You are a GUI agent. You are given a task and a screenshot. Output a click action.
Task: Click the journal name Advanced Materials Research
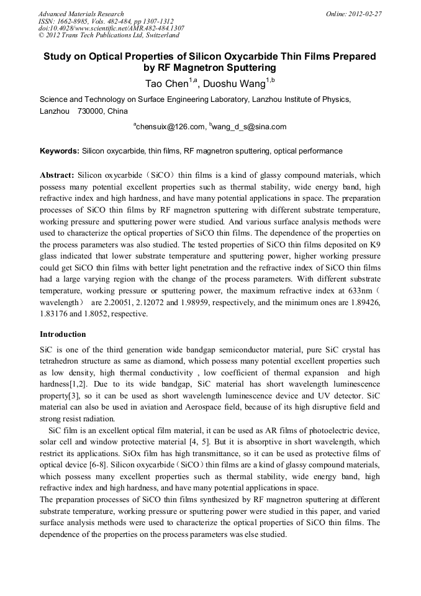point(81,14)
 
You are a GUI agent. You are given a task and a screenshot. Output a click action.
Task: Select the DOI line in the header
point(111,28)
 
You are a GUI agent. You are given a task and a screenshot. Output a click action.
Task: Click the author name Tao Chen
point(164,83)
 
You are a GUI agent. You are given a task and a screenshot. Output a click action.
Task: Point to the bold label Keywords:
point(59,151)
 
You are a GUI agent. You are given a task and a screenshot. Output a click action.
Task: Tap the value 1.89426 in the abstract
point(361,301)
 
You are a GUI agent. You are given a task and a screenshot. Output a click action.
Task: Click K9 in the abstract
point(374,245)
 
